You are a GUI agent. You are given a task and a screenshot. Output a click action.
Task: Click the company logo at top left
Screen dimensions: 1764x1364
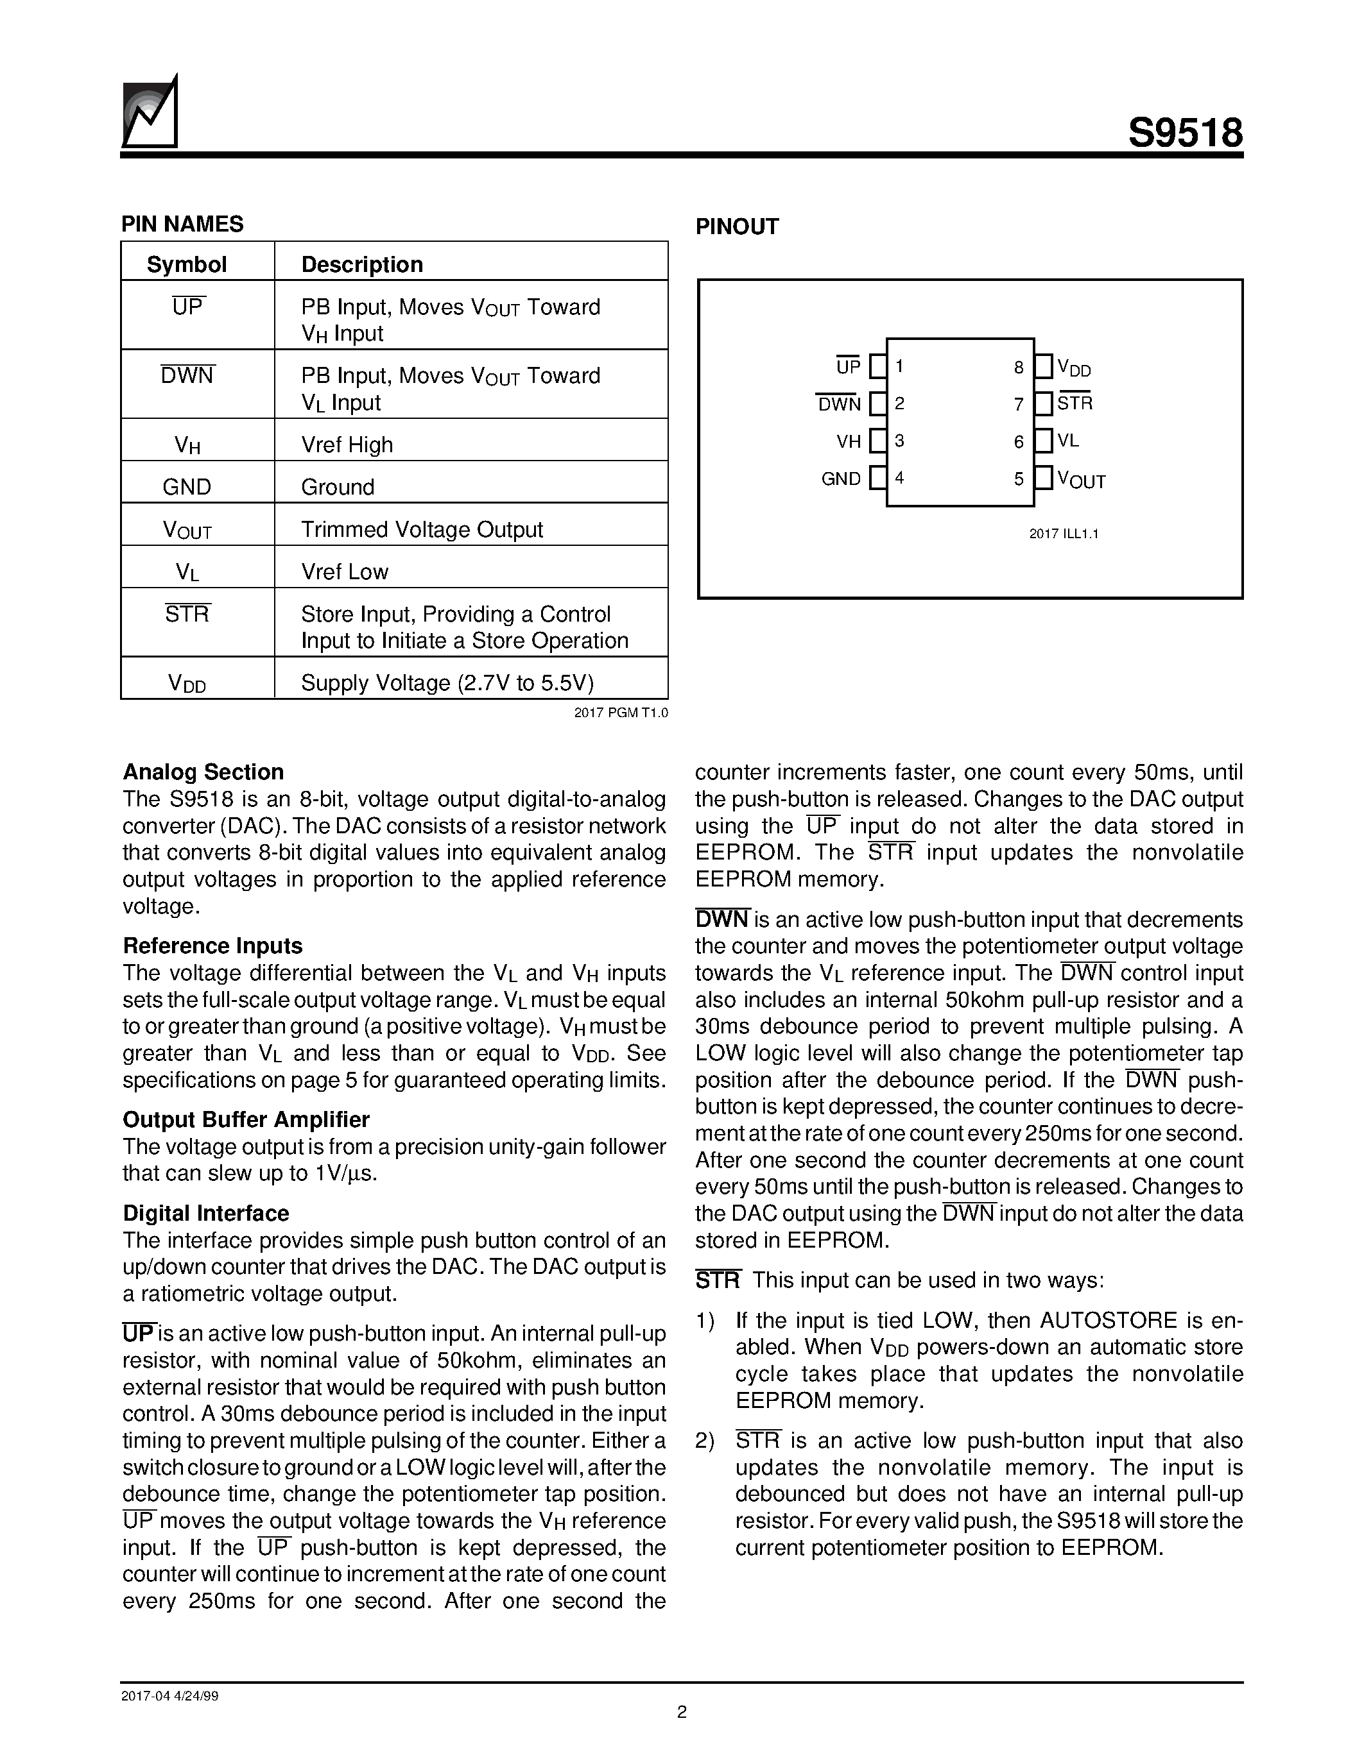pyautogui.click(x=150, y=113)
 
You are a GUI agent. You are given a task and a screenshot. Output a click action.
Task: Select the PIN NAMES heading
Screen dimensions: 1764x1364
pyautogui.click(x=183, y=224)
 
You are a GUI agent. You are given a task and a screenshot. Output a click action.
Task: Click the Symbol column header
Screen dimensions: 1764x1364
pyautogui.click(x=187, y=264)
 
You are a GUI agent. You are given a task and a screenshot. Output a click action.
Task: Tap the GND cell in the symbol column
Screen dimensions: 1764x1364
pyautogui.click(x=187, y=486)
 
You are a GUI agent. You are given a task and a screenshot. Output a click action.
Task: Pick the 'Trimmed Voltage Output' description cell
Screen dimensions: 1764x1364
pyautogui.click(x=422, y=529)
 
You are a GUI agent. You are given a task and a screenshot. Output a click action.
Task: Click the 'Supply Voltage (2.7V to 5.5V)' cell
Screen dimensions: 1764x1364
pyautogui.click(x=447, y=683)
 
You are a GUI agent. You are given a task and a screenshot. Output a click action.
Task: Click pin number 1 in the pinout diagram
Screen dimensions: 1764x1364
pyautogui.click(x=899, y=367)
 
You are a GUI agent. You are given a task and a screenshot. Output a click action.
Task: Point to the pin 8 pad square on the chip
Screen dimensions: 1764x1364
pyautogui.click(x=1044, y=367)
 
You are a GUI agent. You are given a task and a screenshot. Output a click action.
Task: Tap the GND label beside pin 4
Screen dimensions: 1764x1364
pyautogui.click(x=842, y=479)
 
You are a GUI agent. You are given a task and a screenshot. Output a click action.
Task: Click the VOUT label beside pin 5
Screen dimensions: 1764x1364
pyautogui.click(x=1081, y=480)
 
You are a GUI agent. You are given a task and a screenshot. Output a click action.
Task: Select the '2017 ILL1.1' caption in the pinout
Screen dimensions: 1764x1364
pyautogui.click(x=1064, y=534)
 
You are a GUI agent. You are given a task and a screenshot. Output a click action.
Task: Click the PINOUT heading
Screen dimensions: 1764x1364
pyautogui.click(x=737, y=226)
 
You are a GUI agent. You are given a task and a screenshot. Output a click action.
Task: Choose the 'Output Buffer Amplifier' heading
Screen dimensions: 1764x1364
pyautogui.click(x=246, y=1119)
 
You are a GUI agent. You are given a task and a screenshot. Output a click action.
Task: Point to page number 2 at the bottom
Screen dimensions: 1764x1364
pyautogui.click(x=681, y=1711)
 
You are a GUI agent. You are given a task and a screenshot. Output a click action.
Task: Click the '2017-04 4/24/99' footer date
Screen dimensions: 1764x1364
pyautogui.click(x=169, y=1695)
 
